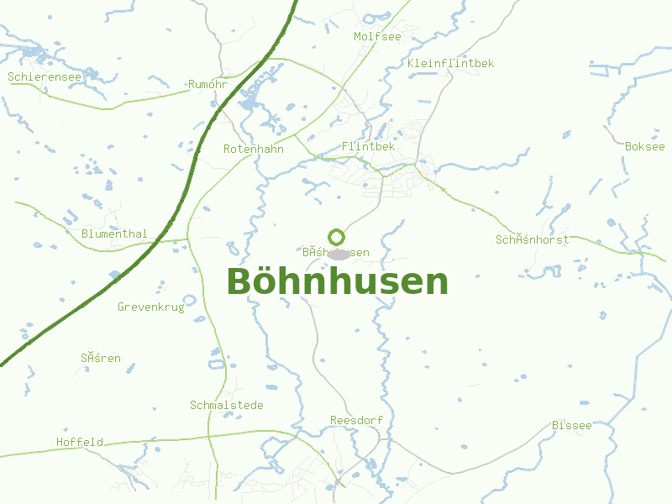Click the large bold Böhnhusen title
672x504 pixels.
(x=337, y=281)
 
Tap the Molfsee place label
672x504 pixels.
(x=377, y=36)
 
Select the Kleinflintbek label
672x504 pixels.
(x=450, y=64)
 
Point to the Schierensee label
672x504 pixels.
(x=45, y=77)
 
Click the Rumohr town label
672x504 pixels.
(x=208, y=85)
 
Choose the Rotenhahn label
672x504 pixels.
(x=254, y=149)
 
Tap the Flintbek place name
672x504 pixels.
(x=368, y=147)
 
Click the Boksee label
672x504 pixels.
(x=644, y=146)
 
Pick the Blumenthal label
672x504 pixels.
(x=115, y=234)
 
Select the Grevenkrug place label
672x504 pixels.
(x=150, y=307)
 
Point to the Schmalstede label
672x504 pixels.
(x=227, y=406)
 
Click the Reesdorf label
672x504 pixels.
(x=351, y=420)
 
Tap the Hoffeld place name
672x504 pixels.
(x=80, y=442)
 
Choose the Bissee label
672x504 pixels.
(x=572, y=426)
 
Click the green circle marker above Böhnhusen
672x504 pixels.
(x=336, y=237)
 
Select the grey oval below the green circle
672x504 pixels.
(x=338, y=254)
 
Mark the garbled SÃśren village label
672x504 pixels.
(x=101, y=359)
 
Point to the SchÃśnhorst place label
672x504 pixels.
(x=532, y=240)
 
